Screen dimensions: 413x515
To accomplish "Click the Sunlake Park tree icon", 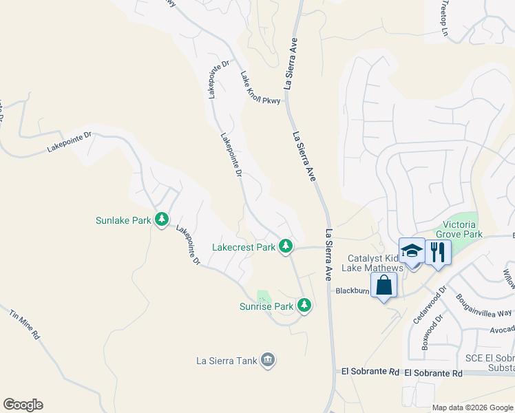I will [x=162, y=220].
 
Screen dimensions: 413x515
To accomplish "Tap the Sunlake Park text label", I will [x=123, y=221].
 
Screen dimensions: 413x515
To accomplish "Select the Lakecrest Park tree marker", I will [x=285, y=246].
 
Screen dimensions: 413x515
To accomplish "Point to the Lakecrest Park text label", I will [x=244, y=246].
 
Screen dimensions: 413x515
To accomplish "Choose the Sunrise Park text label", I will [x=266, y=306].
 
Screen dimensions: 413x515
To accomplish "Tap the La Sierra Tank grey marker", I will [x=268, y=359].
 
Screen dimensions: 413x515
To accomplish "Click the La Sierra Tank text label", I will [x=227, y=360].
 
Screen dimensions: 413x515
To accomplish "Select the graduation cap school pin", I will [x=412, y=251].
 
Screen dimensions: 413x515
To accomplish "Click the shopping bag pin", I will [x=383, y=285].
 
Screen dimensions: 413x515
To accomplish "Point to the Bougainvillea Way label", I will [x=485, y=305].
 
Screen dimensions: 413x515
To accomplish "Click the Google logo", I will [x=23, y=405].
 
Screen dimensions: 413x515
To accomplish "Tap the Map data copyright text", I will [x=472, y=407].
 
